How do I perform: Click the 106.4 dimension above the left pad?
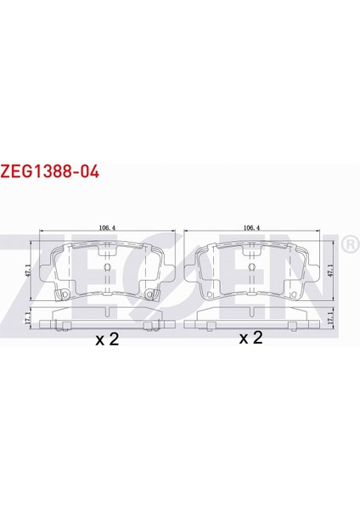(106, 227)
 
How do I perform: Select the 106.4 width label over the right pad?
(251, 227)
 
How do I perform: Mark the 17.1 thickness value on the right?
(331, 321)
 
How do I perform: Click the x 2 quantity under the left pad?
(108, 340)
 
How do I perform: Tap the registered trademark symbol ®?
(348, 246)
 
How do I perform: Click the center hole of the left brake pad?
(106, 268)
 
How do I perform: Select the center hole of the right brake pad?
(251, 268)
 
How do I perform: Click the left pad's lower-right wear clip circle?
(151, 296)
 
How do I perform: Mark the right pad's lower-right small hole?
(295, 294)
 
